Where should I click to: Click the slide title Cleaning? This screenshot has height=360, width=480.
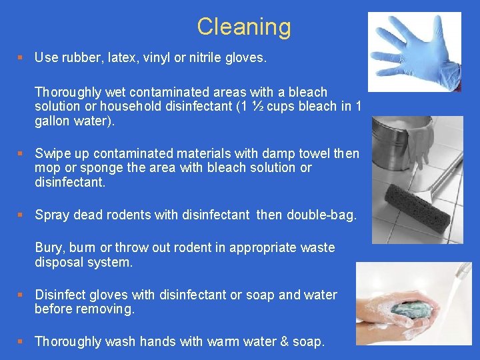pyautogui.click(x=244, y=27)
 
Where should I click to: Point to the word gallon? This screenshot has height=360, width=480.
pyautogui.click(x=53, y=121)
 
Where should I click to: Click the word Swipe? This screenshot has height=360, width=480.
pyautogui.click(x=51, y=154)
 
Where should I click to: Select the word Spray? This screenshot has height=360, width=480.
pyautogui.click(x=51, y=215)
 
